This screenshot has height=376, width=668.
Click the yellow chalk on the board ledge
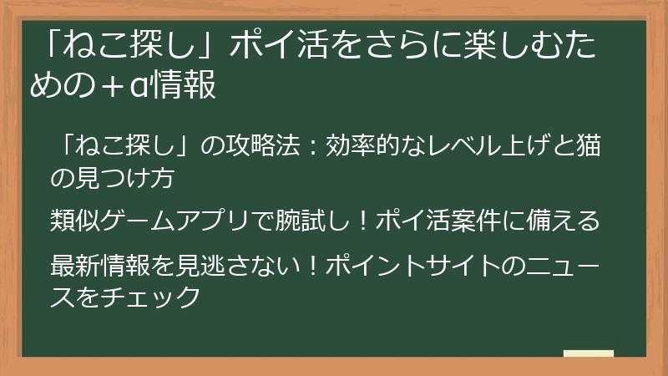tap(588, 353)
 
